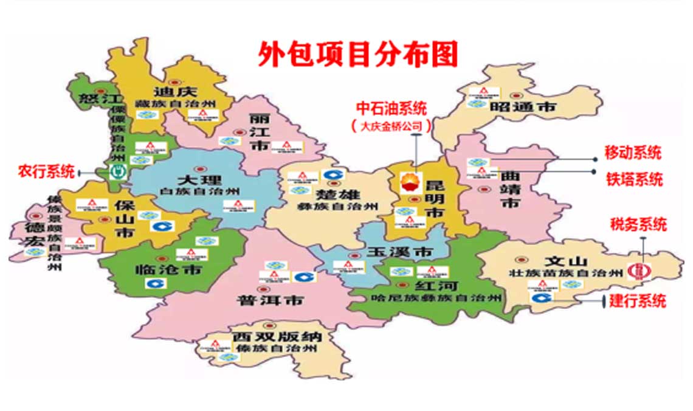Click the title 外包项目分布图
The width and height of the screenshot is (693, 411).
[358, 54]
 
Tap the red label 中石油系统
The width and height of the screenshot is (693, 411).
[391, 109]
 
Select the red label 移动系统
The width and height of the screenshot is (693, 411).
[632, 152]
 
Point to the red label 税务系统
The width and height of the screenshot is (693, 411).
[638, 224]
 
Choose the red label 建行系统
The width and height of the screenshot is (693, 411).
[638, 300]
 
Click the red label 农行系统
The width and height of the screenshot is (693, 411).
[46, 171]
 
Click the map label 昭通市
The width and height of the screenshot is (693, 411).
[531, 107]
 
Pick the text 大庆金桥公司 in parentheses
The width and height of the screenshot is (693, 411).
[391, 126]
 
